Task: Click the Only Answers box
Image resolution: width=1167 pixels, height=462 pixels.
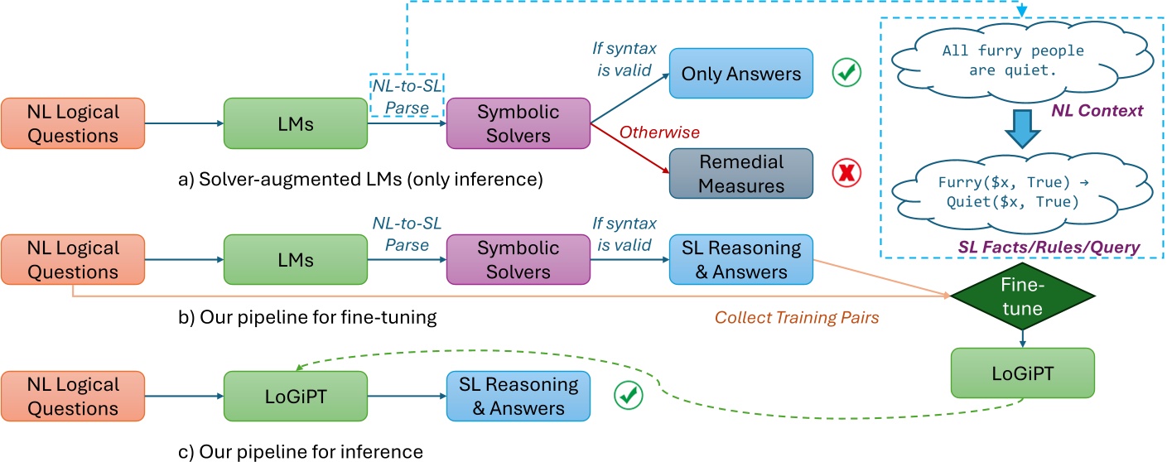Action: (741, 74)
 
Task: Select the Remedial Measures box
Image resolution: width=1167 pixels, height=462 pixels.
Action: (741, 172)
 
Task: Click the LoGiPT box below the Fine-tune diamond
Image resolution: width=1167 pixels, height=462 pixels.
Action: (1021, 373)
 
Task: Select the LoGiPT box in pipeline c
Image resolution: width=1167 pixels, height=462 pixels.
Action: (294, 396)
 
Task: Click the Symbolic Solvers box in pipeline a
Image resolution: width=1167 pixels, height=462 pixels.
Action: (517, 123)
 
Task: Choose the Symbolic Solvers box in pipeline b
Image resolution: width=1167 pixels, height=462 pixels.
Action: (517, 259)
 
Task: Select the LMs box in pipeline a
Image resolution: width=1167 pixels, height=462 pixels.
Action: (294, 123)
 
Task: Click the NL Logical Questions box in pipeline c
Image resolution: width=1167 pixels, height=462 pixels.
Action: (73, 396)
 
